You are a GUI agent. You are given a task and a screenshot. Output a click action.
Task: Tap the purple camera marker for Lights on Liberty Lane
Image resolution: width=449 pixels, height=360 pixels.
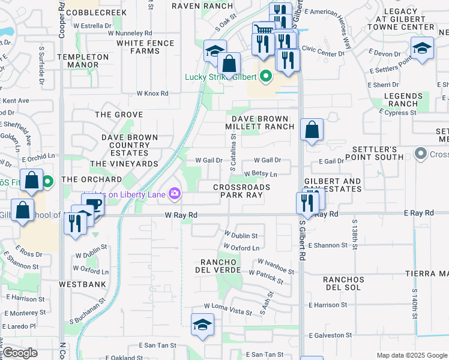coord(175,193)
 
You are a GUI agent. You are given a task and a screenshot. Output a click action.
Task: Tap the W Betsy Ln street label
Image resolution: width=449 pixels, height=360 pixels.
coord(261,175)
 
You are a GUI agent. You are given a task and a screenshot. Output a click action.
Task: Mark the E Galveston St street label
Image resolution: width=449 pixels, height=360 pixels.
coord(329,335)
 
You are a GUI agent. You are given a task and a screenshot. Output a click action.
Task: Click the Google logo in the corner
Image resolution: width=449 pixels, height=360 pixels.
coord(20,353)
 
